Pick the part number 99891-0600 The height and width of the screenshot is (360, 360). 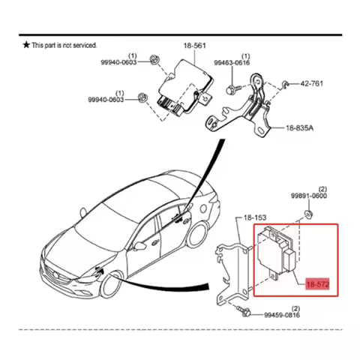click(309, 195)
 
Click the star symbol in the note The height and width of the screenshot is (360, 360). click(26, 45)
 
